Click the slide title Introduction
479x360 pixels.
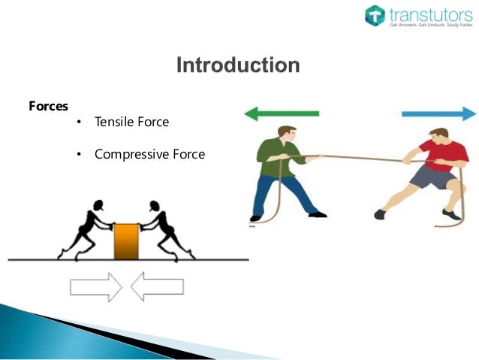(237, 65)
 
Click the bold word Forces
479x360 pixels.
(48, 106)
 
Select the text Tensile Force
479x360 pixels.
(131, 122)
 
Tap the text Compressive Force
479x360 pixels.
(149, 154)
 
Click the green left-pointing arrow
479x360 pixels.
(281, 114)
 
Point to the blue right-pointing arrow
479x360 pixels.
(438, 114)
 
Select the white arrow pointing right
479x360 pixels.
(95, 286)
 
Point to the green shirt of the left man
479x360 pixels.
(273, 159)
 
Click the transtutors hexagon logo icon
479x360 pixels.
(375, 15)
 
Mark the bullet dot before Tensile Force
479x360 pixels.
(78, 123)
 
